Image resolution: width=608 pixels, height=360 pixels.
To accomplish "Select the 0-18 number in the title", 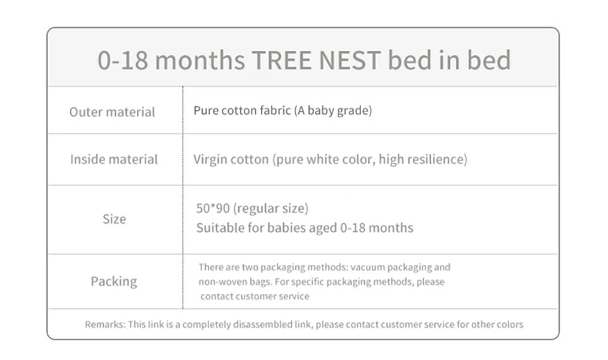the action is pyautogui.click(x=122, y=60).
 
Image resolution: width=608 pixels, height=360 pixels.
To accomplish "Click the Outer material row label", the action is pyautogui.click(x=112, y=112).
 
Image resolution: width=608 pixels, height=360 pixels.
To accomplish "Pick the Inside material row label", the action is pyautogui.click(x=114, y=159).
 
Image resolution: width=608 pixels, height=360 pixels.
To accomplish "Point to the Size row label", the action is pyautogui.click(x=115, y=219).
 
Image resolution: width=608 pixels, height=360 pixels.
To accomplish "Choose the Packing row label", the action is pyautogui.click(x=114, y=281).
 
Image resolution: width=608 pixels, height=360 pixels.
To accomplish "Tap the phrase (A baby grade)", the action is pyautogui.click(x=332, y=110).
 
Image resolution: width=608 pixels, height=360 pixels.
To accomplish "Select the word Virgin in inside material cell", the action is pyautogui.click(x=212, y=159).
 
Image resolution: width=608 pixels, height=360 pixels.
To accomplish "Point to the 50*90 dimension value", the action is pyautogui.click(x=213, y=209).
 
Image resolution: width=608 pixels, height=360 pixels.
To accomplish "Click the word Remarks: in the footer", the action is pyautogui.click(x=105, y=325).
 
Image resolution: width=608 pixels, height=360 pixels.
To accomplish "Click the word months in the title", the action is pyautogui.click(x=199, y=60).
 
